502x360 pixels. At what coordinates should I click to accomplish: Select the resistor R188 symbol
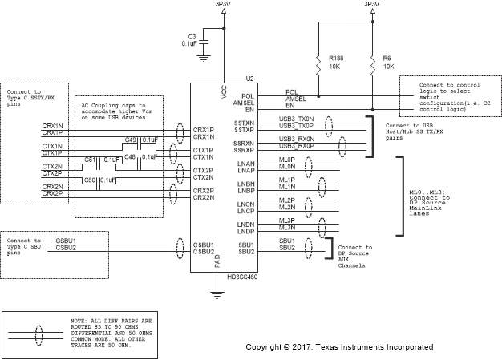point(318,62)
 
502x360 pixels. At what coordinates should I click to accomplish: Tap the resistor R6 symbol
point(373,62)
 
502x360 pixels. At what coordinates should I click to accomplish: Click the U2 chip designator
point(249,79)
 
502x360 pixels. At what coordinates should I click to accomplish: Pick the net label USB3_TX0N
point(296,120)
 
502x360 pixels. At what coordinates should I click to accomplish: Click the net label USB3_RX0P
point(296,147)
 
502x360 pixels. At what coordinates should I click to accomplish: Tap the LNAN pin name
point(245,164)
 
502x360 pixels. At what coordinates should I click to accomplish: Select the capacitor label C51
point(90,160)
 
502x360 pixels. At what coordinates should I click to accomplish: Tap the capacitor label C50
point(90,180)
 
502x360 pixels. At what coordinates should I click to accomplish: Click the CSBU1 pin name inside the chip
point(203,245)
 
